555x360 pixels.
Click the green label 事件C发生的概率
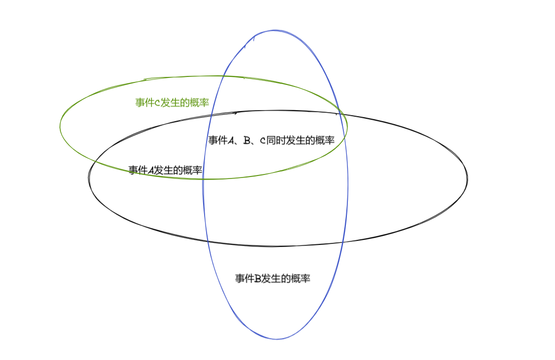tap(172, 103)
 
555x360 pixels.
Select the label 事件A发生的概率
tap(165, 170)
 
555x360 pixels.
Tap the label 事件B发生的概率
tap(272, 279)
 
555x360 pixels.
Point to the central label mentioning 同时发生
tap(271, 141)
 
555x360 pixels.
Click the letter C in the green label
tap(157, 103)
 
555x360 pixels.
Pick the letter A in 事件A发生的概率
tap(151, 170)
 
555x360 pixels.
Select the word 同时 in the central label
tap(275, 141)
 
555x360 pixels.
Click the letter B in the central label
tap(247, 141)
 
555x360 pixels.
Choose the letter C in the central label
tap(263, 141)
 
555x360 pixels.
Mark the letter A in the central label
tap(231, 141)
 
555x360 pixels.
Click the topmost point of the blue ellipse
tap(274, 30)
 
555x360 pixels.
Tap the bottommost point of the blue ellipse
tap(276, 339)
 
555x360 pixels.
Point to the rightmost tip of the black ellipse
tap(468, 178)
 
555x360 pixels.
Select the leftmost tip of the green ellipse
tap(60, 126)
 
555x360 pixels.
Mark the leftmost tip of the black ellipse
tap(89, 178)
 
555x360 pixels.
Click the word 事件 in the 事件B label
tap(245, 279)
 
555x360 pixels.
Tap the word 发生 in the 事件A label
tap(163, 170)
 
